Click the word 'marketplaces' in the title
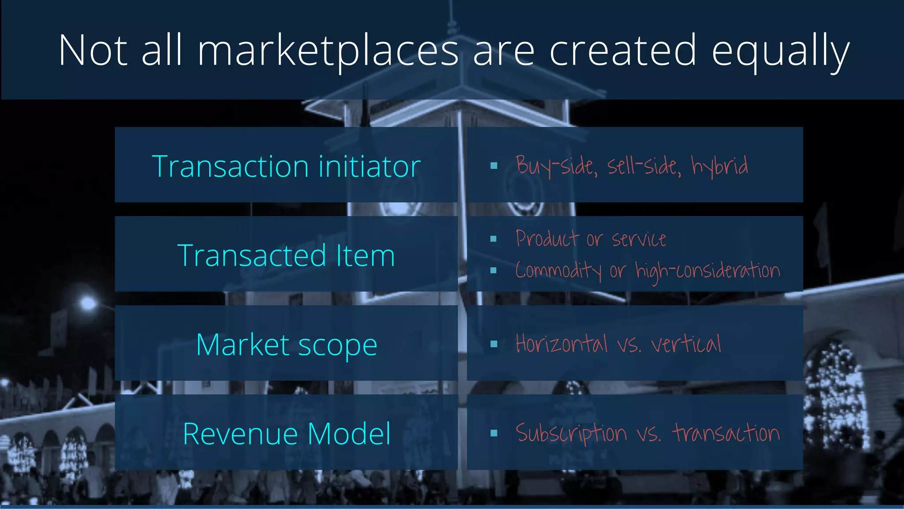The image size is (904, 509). [x=328, y=51]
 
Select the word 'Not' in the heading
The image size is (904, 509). [x=93, y=51]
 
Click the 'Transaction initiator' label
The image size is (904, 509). [x=286, y=166]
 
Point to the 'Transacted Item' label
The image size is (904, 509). [x=286, y=255]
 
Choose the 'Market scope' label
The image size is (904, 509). [x=286, y=345]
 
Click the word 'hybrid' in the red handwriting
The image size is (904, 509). [x=719, y=166]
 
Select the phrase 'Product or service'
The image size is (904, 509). [x=591, y=239]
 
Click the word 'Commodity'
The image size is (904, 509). [x=558, y=270]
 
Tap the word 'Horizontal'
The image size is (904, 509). [x=561, y=344]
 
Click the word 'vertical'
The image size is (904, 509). [x=686, y=344]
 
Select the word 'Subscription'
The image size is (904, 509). [x=571, y=433]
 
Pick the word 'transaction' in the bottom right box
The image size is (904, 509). [x=726, y=433]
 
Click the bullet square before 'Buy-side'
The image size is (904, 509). [x=494, y=166]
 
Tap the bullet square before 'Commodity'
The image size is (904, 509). [x=493, y=270]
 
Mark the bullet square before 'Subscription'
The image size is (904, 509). [x=494, y=433]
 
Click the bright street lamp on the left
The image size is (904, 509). [x=87, y=303]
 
